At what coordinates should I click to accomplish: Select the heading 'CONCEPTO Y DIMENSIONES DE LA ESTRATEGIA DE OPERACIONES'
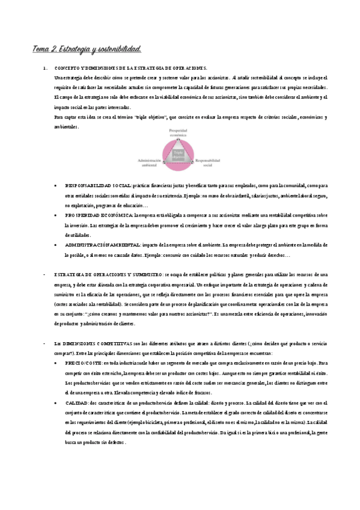point(130,69)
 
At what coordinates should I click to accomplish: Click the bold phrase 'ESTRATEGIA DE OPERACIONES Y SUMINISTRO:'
point(108,274)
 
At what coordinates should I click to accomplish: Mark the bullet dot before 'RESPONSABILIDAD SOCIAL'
point(56,186)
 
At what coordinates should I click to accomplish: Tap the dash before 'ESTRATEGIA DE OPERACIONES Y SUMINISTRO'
point(37,274)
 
